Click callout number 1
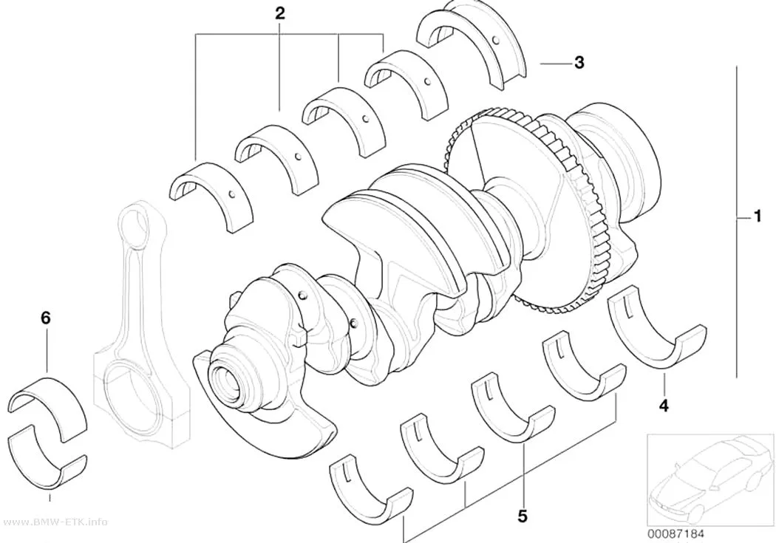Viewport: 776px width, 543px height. point(756,216)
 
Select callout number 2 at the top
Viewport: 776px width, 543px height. point(280,13)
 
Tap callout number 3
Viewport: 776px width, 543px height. point(579,63)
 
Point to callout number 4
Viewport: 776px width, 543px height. point(663,406)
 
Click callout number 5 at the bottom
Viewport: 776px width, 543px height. point(523,517)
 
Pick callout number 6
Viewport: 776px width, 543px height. point(46,318)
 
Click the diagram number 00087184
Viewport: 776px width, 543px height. point(675,533)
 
